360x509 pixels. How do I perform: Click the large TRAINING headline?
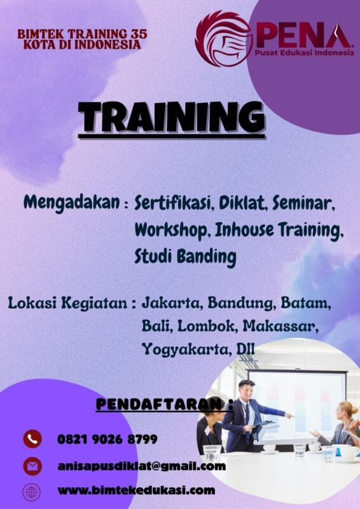[171, 118]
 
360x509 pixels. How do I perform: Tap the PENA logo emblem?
[223, 39]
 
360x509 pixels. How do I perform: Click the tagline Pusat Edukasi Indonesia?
[304, 53]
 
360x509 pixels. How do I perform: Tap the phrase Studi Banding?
[184, 256]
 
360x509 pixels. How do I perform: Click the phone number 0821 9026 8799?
[107, 439]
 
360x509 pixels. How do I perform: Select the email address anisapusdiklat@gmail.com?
[141, 466]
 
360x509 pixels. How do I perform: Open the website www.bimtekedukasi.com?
[135, 491]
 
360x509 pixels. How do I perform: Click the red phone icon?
[32, 439]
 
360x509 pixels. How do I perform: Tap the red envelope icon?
[32, 466]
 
